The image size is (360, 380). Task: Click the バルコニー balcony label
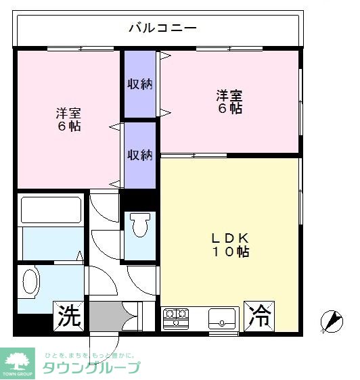(162, 28)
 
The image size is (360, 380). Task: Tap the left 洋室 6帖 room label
(68, 120)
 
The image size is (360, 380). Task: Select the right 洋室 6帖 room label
(229, 101)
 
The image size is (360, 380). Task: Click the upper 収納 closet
(140, 84)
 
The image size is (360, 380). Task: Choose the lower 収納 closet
(140, 154)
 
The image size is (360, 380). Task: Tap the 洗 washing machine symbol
(68, 314)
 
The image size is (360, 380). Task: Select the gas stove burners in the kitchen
(176, 315)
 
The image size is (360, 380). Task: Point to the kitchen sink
(222, 316)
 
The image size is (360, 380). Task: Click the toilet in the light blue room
(141, 226)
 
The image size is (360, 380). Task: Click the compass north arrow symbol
(331, 321)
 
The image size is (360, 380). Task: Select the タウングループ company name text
(91, 368)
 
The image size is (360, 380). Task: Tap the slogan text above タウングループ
(88, 355)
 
